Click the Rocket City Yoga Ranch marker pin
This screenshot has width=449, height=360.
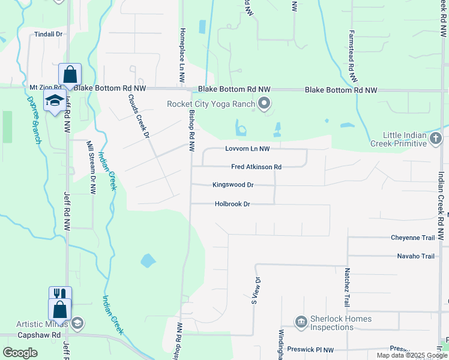point(264,104)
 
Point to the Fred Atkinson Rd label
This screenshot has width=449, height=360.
point(256,167)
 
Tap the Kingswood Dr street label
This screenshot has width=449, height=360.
point(233,185)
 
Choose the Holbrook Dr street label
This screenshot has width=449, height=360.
point(232,204)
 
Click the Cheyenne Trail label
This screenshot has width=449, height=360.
point(412,238)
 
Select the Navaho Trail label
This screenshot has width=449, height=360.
point(415,256)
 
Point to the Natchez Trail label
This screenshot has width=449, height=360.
point(346,287)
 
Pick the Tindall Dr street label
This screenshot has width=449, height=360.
point(49,34)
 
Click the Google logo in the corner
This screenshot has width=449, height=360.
point(20,353)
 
